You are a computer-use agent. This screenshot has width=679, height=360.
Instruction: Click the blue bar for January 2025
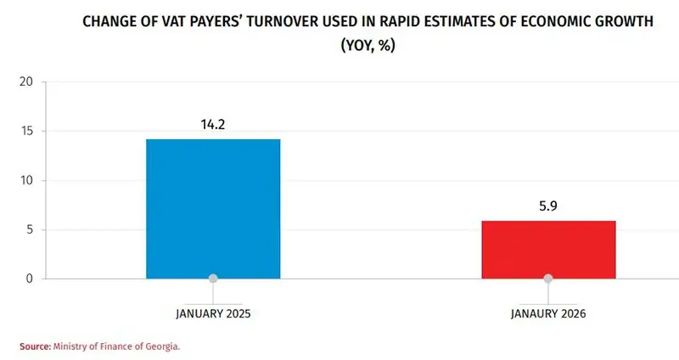213,208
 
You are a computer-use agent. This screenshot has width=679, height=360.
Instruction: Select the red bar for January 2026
548,249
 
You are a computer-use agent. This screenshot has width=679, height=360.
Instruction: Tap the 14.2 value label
213,124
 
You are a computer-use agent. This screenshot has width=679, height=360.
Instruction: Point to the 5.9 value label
548,205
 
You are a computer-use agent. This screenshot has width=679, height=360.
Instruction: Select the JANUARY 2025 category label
213,313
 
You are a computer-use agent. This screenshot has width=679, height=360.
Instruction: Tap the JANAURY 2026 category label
548,313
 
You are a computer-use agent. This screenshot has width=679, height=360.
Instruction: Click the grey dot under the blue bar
213,278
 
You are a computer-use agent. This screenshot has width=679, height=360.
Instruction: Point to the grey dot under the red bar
548,278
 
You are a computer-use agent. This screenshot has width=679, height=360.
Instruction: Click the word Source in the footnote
35,346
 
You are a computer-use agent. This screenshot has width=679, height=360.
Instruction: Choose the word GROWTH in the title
624,21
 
